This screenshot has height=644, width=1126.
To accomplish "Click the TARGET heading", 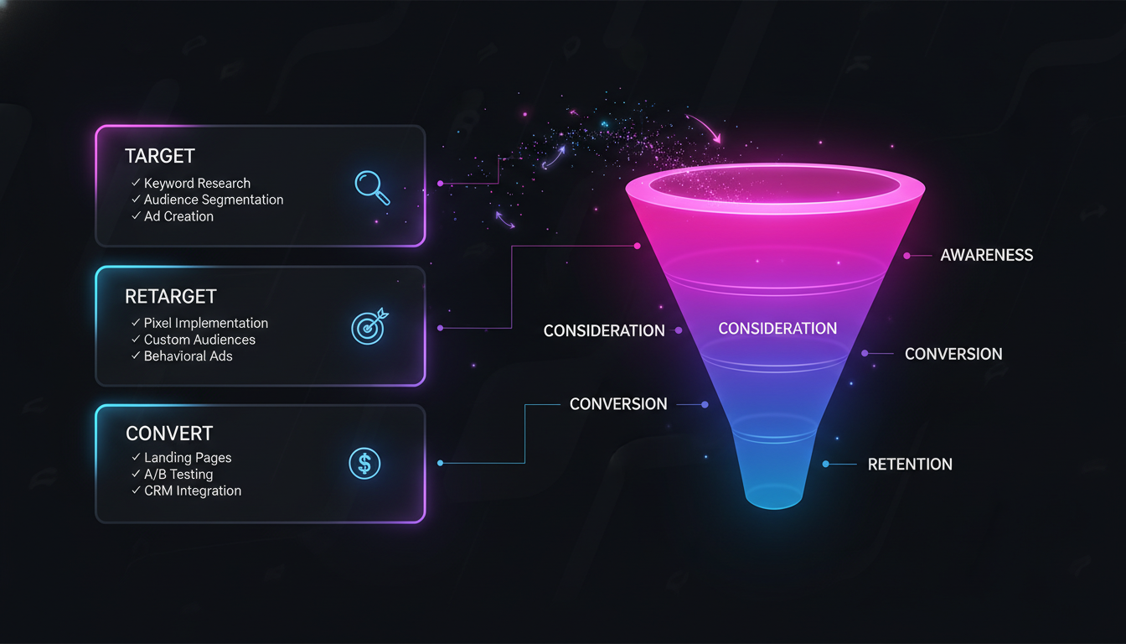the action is coord(159,156).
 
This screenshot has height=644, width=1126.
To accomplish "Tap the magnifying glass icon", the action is coord(372,187).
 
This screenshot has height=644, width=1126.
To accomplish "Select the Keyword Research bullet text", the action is coord(197,183).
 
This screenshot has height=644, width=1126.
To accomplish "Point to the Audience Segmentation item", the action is coord(214,200).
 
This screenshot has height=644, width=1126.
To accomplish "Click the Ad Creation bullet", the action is coord(178,216).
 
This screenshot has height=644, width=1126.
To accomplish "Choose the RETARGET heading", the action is coord(171,296).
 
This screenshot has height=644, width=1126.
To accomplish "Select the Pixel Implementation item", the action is coord(206,323).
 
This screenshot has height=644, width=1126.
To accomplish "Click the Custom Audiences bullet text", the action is coord(199,340).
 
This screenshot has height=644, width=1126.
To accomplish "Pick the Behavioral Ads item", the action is coord(189,356).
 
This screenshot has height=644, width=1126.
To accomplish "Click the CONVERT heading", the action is coord(169,434).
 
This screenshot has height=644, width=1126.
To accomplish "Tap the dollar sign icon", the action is coord(364,462).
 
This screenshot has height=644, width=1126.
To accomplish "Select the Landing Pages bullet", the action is coord(188,458).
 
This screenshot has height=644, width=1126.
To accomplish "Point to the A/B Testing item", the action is coord(178,475).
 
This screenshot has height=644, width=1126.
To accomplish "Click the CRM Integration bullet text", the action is coord(193,491).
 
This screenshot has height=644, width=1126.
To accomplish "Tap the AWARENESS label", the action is coord(986,255).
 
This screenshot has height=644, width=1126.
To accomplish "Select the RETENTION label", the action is coord(910,465).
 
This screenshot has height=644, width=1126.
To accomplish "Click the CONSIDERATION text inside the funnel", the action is coord(777,329).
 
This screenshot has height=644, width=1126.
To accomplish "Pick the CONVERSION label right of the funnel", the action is coord(953,354).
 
